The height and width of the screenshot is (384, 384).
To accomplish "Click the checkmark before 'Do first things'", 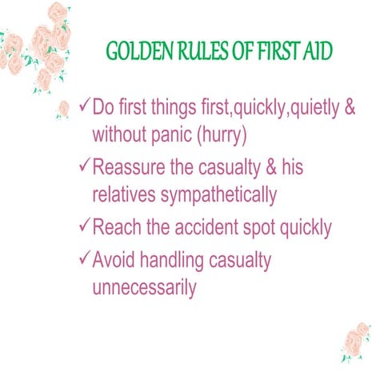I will (85, 106).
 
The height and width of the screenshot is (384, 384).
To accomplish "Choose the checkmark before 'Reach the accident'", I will (85, 227).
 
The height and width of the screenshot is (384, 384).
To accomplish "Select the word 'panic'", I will (178, 134).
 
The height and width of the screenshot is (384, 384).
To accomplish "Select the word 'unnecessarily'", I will (144, 288).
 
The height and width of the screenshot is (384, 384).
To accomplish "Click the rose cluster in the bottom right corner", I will (353, 340).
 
